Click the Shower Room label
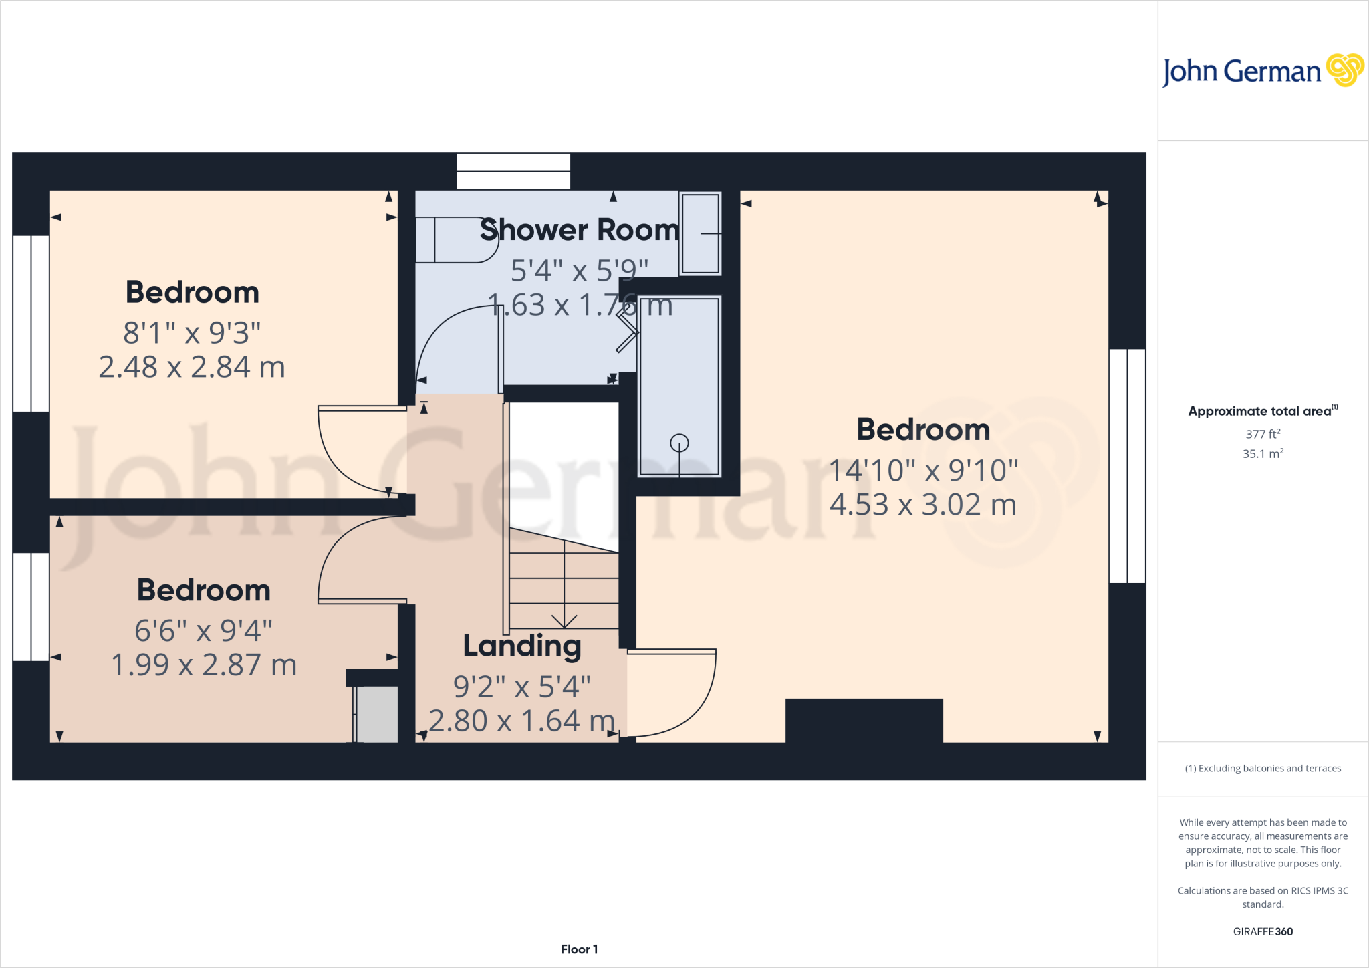580,230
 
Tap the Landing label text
522,646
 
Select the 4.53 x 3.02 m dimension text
922,505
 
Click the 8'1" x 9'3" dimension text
192,332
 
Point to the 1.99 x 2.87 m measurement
204,665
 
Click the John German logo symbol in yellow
1344,70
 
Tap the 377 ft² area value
1263,433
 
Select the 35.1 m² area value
1263,453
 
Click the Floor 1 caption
579,949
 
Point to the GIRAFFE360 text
1263,931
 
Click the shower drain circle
679,443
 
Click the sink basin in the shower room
700,233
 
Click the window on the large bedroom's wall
1127,466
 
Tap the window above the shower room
513,171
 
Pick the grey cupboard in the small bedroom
376,713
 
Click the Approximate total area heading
1262,411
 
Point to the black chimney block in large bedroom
864,720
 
